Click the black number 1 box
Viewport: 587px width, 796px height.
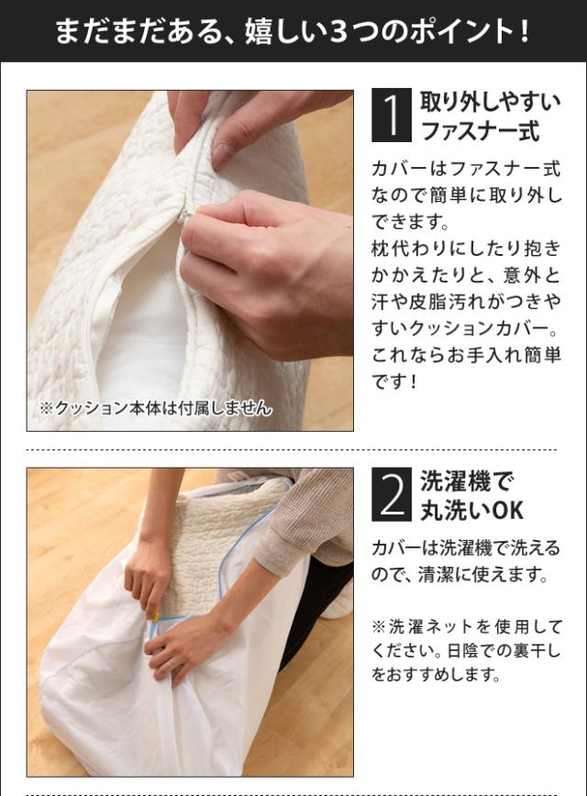392,115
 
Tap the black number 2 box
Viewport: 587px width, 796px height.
392,494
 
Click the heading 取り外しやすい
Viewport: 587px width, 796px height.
491,103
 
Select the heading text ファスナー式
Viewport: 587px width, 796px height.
480,131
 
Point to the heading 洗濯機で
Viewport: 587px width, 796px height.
468,481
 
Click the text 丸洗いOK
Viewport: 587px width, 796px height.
472,510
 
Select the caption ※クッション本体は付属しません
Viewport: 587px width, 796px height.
155,408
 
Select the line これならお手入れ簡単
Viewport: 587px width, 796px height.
466,354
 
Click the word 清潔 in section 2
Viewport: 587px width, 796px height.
436,575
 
